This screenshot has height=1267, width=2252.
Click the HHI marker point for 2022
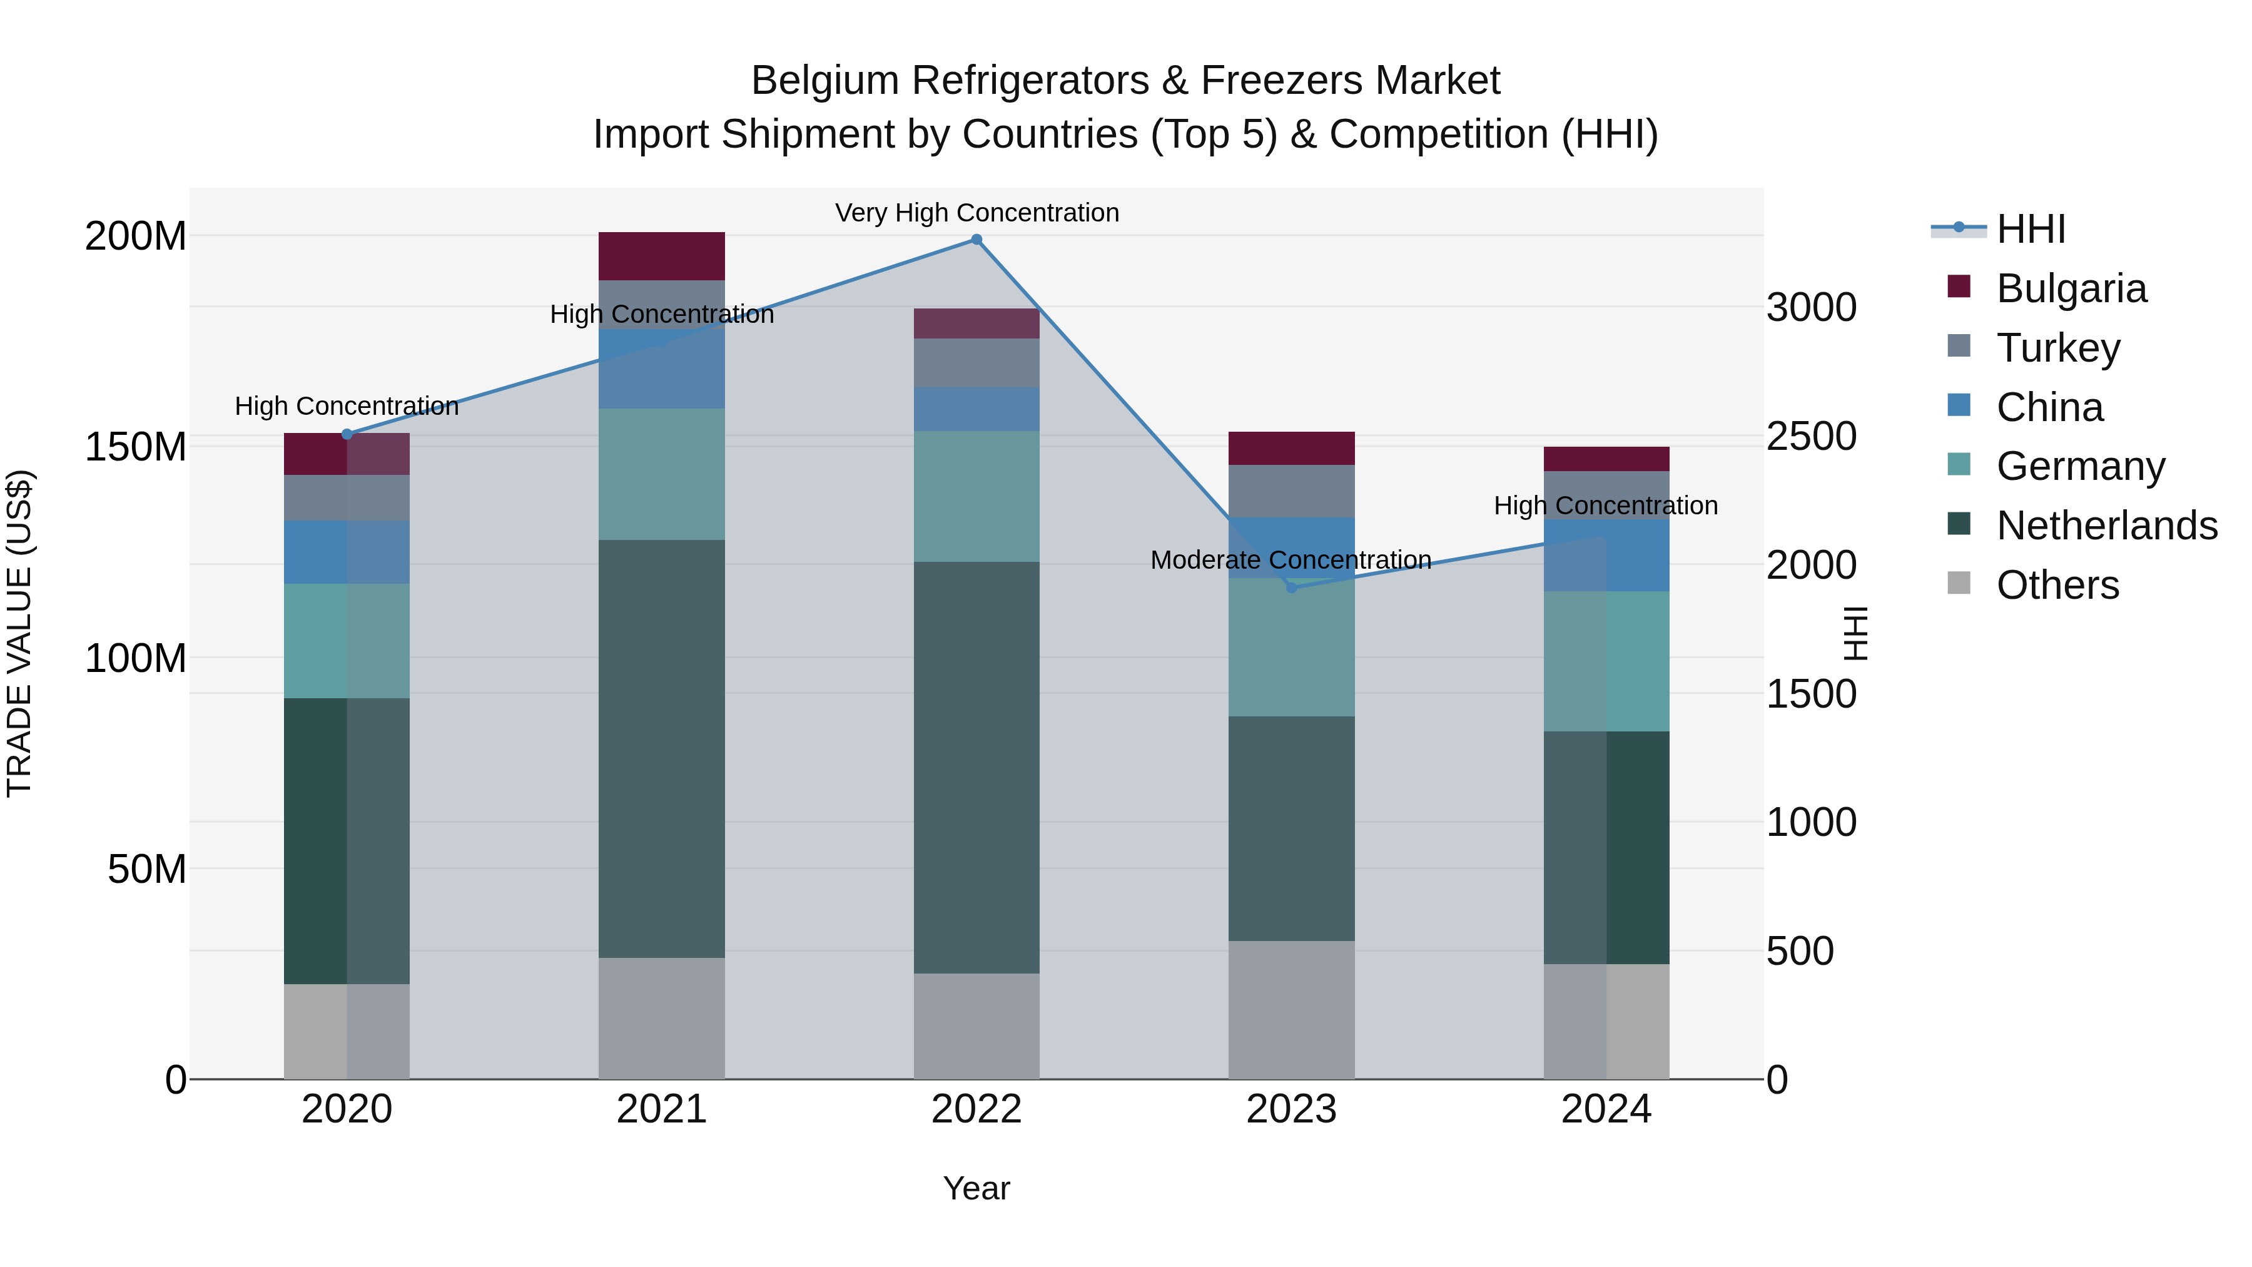(x=976, y=240)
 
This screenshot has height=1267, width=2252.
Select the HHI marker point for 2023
(x=1291, y=588)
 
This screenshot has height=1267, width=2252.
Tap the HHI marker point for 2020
(x=347, y=435)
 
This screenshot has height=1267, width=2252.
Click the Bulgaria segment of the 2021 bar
(x=662, y=256)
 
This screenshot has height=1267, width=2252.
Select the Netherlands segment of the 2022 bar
(x=976, y=767)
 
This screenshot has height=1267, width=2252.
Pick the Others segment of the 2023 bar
(x=1291, y=1010)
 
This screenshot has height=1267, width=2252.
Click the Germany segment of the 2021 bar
(x=662, y=474)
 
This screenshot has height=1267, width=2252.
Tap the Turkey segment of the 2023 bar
(x=1291, y=491)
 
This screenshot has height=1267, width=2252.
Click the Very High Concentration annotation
(x=976, y=213)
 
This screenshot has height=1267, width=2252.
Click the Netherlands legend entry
(x=2106, y=526)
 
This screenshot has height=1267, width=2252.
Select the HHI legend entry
(x=2031, y=229)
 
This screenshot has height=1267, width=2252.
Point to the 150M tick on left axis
(x=136, y=447)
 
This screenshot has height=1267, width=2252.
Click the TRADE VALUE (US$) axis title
(x=19, y=633)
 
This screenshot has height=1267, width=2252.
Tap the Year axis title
(x=976, y=1188)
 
